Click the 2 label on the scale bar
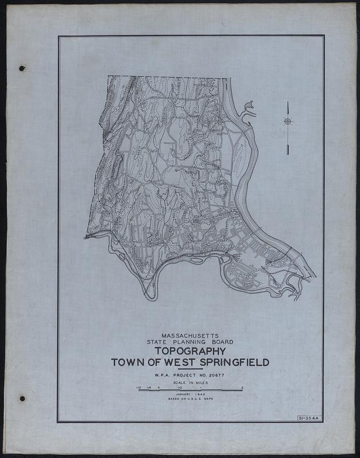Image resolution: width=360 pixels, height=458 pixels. pos(243,387)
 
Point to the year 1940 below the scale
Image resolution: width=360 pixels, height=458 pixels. pos(199,394)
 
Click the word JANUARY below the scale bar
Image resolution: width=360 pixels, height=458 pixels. pos(182,394)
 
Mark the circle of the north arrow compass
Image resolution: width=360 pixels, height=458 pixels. pos(287,121)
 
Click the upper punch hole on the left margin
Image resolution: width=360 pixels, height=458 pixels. pos(22,69)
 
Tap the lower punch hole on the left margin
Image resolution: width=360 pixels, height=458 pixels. pos(22,398)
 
